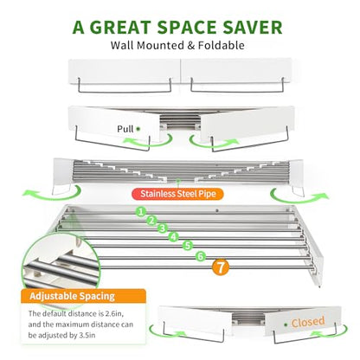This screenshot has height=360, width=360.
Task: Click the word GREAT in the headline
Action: pos(120,28)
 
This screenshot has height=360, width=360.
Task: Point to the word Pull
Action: pos(125,129)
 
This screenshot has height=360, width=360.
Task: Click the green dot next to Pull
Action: pos(138,129)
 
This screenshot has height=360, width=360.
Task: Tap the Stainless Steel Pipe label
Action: pos(177,194)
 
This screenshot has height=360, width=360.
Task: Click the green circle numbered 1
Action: pos(141,212)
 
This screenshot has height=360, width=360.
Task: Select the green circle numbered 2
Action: pos(151,221)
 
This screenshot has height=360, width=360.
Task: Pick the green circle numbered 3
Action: pos(163,228)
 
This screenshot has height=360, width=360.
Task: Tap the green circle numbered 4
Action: pos(174,237)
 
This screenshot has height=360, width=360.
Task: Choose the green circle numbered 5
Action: pos(188,246)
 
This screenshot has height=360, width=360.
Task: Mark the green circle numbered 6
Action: pos(201,256)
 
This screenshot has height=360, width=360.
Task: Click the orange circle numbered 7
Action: pos(221,267)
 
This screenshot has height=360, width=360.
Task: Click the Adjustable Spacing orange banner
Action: pos(83,296)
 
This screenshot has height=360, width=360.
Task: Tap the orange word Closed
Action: pos(308,322)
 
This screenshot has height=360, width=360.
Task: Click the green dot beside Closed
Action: pos(286,325)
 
